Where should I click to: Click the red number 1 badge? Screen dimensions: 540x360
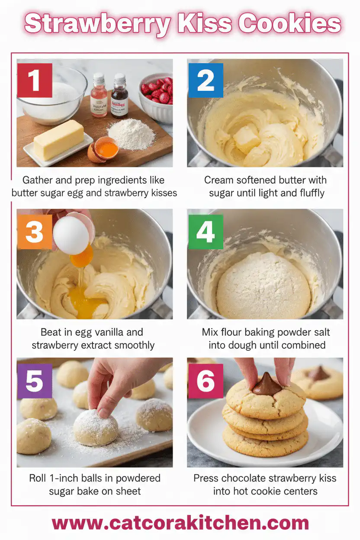(35, 80)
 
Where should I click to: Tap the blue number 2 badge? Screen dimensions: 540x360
(206, 80)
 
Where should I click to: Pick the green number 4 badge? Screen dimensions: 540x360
(206, 232)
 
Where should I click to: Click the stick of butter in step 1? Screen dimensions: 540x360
(59, 140)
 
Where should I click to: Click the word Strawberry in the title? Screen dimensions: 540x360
(96, 24)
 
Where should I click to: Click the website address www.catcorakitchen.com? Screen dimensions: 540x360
(180, 523)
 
